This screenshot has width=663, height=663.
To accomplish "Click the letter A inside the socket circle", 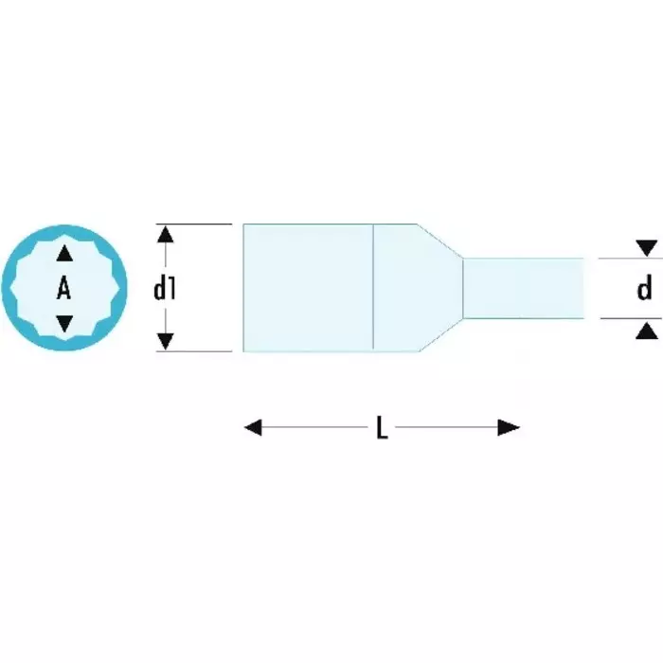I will point(63,288).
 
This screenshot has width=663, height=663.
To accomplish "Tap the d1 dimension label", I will point(166,288).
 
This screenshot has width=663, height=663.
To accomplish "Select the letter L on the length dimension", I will point(381,428).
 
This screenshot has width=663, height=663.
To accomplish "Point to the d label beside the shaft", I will point(645,288).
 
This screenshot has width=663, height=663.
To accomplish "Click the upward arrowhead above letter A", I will point(63,253).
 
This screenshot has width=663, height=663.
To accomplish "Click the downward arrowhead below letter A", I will point(63,324).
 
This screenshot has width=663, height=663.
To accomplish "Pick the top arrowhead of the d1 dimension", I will point(166,234).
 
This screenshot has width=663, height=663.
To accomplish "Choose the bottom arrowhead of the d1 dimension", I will point(166,342).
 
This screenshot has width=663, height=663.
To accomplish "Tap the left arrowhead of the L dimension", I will point(253,428).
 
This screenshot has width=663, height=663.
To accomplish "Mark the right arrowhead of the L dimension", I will point(510,428).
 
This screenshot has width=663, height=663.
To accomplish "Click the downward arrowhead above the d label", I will point(647,248).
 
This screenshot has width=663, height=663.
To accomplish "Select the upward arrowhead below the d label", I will point(647,329).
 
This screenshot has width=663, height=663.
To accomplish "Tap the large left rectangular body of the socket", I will point(308,288).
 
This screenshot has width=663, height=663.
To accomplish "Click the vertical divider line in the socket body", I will point(373,288).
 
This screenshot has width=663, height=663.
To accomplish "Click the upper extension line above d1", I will point(199,224).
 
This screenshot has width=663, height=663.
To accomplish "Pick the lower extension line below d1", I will point(199,351).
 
